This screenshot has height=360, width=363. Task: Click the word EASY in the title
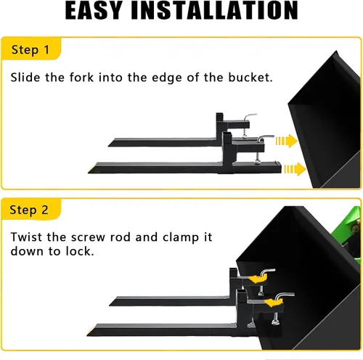pyautogui.click(x=94, y=11)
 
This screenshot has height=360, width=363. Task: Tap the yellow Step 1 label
pyautogui.click(x=31, y=49)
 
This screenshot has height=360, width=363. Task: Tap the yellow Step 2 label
pyautogui.click(x=30, y=209)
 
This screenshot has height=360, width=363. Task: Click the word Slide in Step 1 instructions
pyautogui.click(x=25, y=78)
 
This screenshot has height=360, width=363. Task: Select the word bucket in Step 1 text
pyautogui.click(x=250, y=78)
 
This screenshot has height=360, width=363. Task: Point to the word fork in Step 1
pyautogui.click(x=81, y=78)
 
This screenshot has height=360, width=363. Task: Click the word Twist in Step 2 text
pyautogui.click(x=26, y=237)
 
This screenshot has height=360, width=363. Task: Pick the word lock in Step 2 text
pyautogui.click(x=79, y=251)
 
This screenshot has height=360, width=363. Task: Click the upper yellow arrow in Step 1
pyautogui.click(x=287, y=141)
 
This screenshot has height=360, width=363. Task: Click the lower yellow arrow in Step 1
pyautogui.click(x=295, y=169)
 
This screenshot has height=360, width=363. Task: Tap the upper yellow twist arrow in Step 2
pyautogui.click(x=258, y=279)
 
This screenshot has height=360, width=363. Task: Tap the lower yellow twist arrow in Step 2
pyautogui.click(x=274, y=302)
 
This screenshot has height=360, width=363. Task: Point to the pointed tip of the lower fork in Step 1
pyautogui.click(x=89, y=172)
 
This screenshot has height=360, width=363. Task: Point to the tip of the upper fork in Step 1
pyautogui.click(x=108, y=146)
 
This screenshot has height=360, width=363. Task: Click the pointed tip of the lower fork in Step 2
pyautogui.click(x=87, y=335)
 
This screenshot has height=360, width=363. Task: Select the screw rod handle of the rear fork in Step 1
pyautogui.click(x=250, y=116)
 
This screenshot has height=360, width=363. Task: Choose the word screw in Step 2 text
pyautogui.click(x=88, y=237)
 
